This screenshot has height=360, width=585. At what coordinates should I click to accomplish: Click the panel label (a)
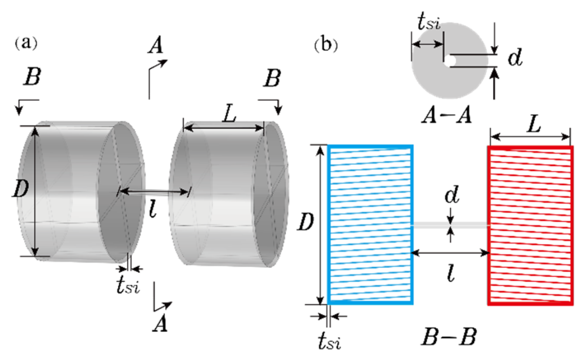tap(26, 43)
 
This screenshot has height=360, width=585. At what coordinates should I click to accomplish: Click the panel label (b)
tap(326, 45)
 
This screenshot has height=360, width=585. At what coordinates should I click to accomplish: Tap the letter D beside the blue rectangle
tap(305, 223)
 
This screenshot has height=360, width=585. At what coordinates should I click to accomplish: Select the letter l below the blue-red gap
tap(451, 274)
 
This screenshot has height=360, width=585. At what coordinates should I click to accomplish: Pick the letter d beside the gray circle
tap(515, 58)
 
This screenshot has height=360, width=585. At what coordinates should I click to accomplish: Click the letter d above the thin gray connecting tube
tap(452, 194)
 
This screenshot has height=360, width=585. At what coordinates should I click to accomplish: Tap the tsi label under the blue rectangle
tap(330, 341)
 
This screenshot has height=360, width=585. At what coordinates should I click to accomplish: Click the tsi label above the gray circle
tap(429, 23)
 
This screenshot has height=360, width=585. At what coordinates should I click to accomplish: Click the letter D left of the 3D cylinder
tap(20, 189)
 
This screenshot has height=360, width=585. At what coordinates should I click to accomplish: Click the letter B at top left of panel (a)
tap(32, 77)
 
